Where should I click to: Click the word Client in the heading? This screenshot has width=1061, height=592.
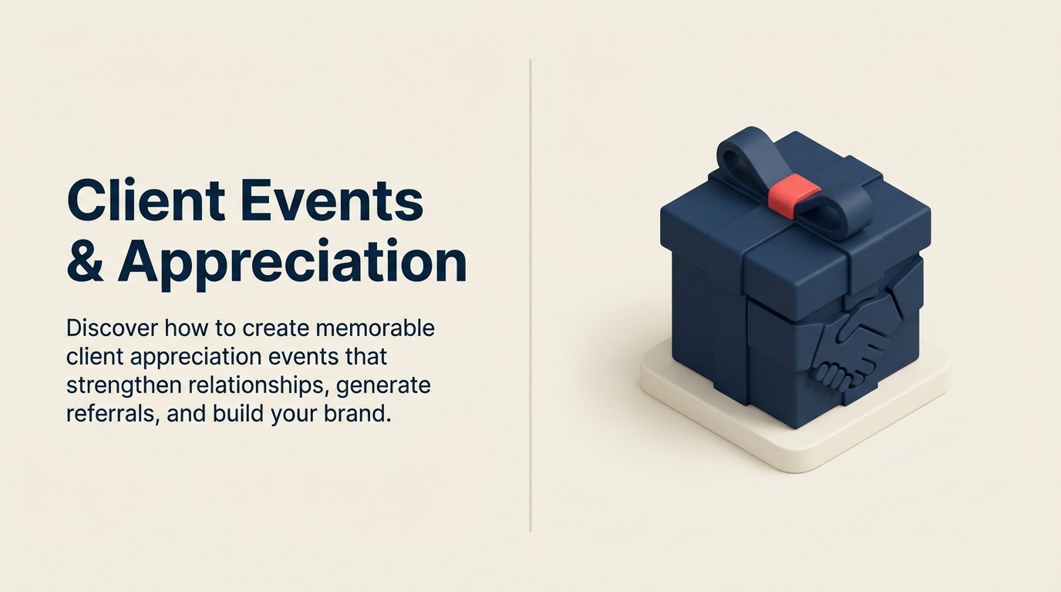(x=146, y=201)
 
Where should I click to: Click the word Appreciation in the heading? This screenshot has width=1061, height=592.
(x=292, y=262)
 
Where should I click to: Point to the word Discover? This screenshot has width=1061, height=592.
(x=113, y=328)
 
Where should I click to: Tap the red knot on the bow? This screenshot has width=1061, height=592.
(x=793, y=192)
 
